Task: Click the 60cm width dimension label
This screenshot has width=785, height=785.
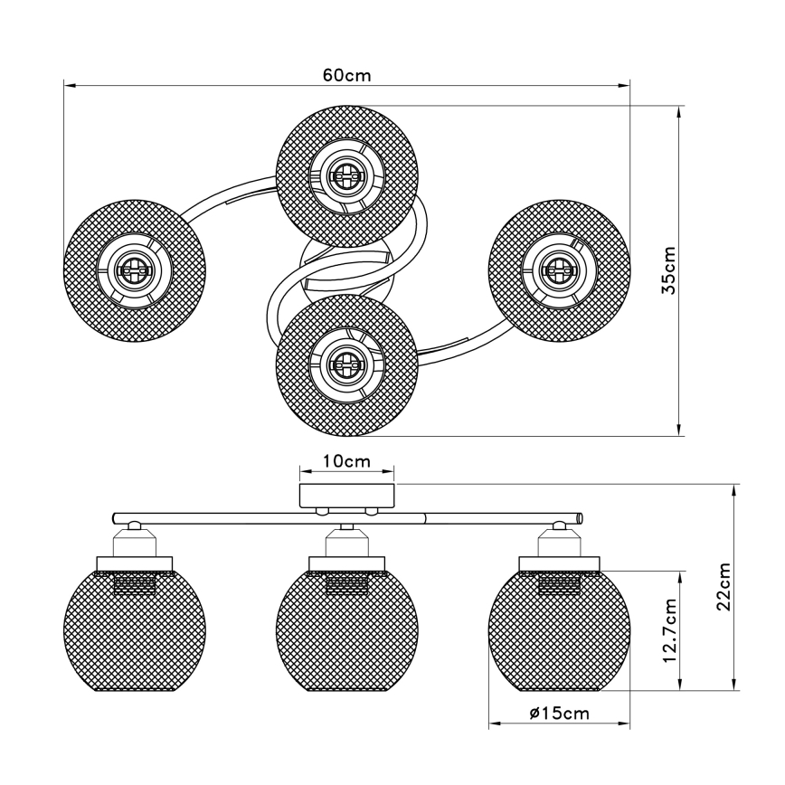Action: click(346, 75)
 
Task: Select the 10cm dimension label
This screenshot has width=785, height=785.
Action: click(347, 461)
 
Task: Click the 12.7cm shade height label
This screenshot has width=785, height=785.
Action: click(670, 630)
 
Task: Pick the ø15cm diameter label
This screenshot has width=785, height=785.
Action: click(560, 714)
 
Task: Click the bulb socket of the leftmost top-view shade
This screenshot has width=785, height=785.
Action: click(132, 269)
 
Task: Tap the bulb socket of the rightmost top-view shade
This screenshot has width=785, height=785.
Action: click(558, 269)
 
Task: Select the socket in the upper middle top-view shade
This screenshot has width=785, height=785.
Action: click(345, 173)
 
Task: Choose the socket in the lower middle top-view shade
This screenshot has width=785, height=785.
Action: click(345, 364)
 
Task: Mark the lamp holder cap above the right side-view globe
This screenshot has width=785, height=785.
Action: click(559, 545)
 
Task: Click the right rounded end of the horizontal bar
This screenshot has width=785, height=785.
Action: click(578, 518)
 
